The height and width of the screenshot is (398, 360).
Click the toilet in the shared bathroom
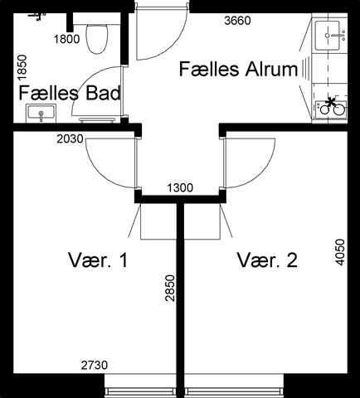point(96,39)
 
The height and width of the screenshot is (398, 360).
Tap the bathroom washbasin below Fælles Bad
point(41,114)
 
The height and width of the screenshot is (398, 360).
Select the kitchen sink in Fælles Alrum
point(328,36)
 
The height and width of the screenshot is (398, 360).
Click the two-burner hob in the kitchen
point(331,108)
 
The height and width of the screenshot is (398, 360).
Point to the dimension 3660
point(237,21)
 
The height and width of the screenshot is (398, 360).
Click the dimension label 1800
point(66,39)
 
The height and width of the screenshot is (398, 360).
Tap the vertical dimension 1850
point(22,68)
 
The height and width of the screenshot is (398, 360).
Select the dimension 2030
point(70,139)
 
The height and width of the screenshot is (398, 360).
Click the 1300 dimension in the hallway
point(180,188)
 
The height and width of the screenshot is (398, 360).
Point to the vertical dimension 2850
point(170,288)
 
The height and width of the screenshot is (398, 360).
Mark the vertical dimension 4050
point(340,252)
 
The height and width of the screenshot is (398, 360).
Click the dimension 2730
point(95,366)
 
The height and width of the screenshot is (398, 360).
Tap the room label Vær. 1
point(98,260)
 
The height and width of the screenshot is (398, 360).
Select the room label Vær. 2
point(267,260)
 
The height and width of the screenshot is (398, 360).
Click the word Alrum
point(271,69)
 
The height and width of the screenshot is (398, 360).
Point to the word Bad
point(103,93)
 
